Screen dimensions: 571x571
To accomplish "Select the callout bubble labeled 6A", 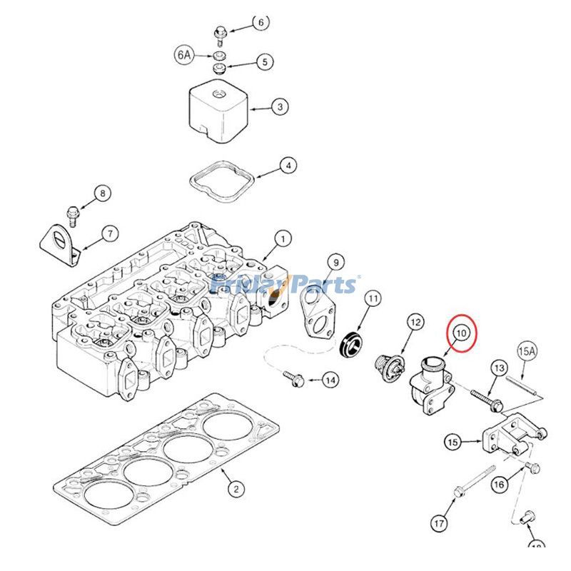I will pyautogui.click(x=184, y=54).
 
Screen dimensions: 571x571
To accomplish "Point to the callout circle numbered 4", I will pyautogui.click(x=287, y=166).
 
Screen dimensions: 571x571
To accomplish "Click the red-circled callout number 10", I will pyautogui.click(x=460, y=332).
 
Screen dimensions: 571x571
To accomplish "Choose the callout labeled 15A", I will pyautogui.click(x=527, y=351).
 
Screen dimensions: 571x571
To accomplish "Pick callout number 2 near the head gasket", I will pyautogui.click(x=235, y=489).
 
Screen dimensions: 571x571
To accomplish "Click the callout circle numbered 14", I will pyautogui.click(x=330, y=380).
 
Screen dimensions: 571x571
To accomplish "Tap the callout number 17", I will pyautogui.click(x=439, y=523).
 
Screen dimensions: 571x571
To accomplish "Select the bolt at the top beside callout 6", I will pyautogui.click(x=220, y=32).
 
